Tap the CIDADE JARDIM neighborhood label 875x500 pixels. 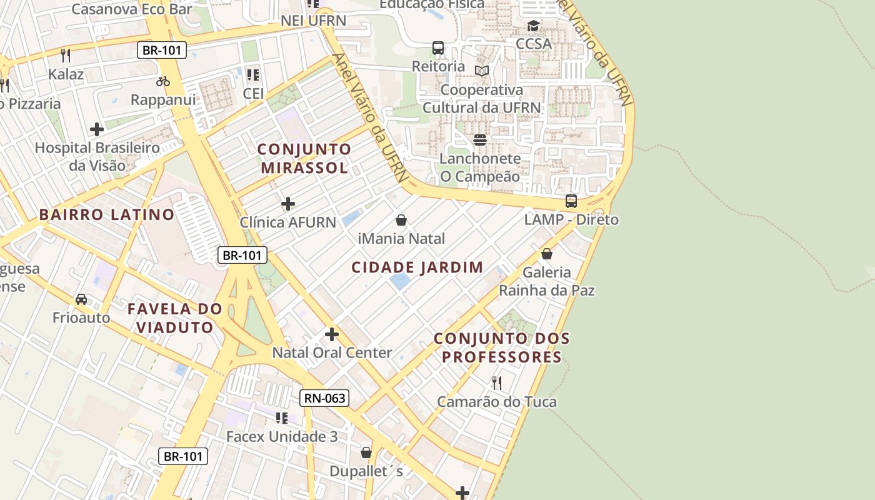click(x=417, y=267)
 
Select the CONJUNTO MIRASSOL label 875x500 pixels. click(x=304, y=159)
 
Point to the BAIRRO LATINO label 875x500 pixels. click(x=107, y=215)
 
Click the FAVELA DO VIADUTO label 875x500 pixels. click(x=175, y=318)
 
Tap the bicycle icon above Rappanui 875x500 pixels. click(x=163, y=81)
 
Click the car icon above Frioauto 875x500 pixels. click(x=81, y=299)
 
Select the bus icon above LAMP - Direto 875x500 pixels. click(x=571, y=201)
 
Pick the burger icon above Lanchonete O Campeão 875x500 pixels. click(x=480, y=139)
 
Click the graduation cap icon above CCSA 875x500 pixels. click(x=533, y=26)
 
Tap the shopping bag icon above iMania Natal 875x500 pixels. click(x=401, y=220)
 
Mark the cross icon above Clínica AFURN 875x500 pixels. click(x=288, y=204)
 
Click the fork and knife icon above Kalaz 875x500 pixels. click(x=66, y=55)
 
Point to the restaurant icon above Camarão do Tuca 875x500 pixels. click(x=496, y=382)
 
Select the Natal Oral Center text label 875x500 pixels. click(x=332, y=352)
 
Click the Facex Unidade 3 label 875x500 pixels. click(x=282, y=436)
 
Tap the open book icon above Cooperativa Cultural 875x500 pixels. click(x=481, y=71)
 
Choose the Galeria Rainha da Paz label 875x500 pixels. click(x=547, y=281)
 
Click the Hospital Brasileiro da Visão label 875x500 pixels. click(x=97, y=157)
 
